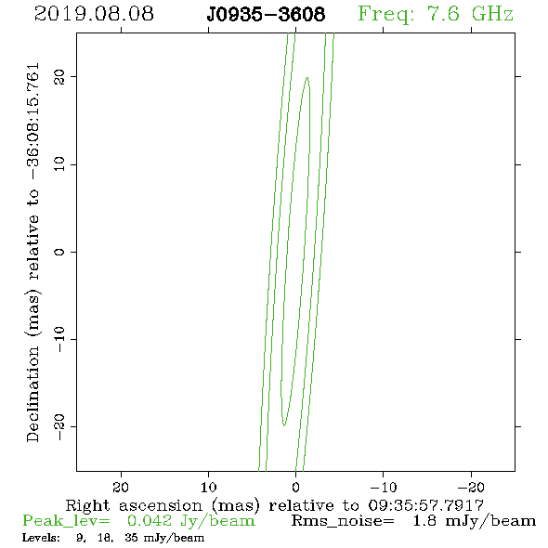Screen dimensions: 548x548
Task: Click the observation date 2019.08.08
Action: (x=94, y=14)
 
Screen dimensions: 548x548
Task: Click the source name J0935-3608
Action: (x=266, y=15)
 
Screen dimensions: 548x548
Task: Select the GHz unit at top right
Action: (x=492, y=14)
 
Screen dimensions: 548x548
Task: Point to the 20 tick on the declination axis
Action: (x=59, y=77)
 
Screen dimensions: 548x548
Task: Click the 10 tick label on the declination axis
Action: (x=59, y=164)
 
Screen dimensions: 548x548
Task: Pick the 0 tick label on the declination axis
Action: (x=59, y=252)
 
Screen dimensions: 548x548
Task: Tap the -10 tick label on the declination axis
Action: (x=59, y=339)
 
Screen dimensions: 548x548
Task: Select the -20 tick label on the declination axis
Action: (x=59, y=426)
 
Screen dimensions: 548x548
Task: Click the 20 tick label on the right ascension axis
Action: (x=121, y=488)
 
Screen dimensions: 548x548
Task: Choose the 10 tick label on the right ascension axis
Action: (x=209, y=488)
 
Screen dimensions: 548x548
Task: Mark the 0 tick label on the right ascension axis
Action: (x=295, y=488)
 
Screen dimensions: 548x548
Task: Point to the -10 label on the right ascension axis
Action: (x=384, y=488)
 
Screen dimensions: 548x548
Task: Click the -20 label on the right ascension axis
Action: (x=471, y=488)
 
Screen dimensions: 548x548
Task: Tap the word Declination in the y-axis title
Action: (x=33, y=395)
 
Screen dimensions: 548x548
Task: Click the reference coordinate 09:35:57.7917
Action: (x=425, y=505)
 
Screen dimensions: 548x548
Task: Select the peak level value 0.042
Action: (x=150, y=521)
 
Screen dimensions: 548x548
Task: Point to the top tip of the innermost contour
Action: (x=307, y=77)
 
